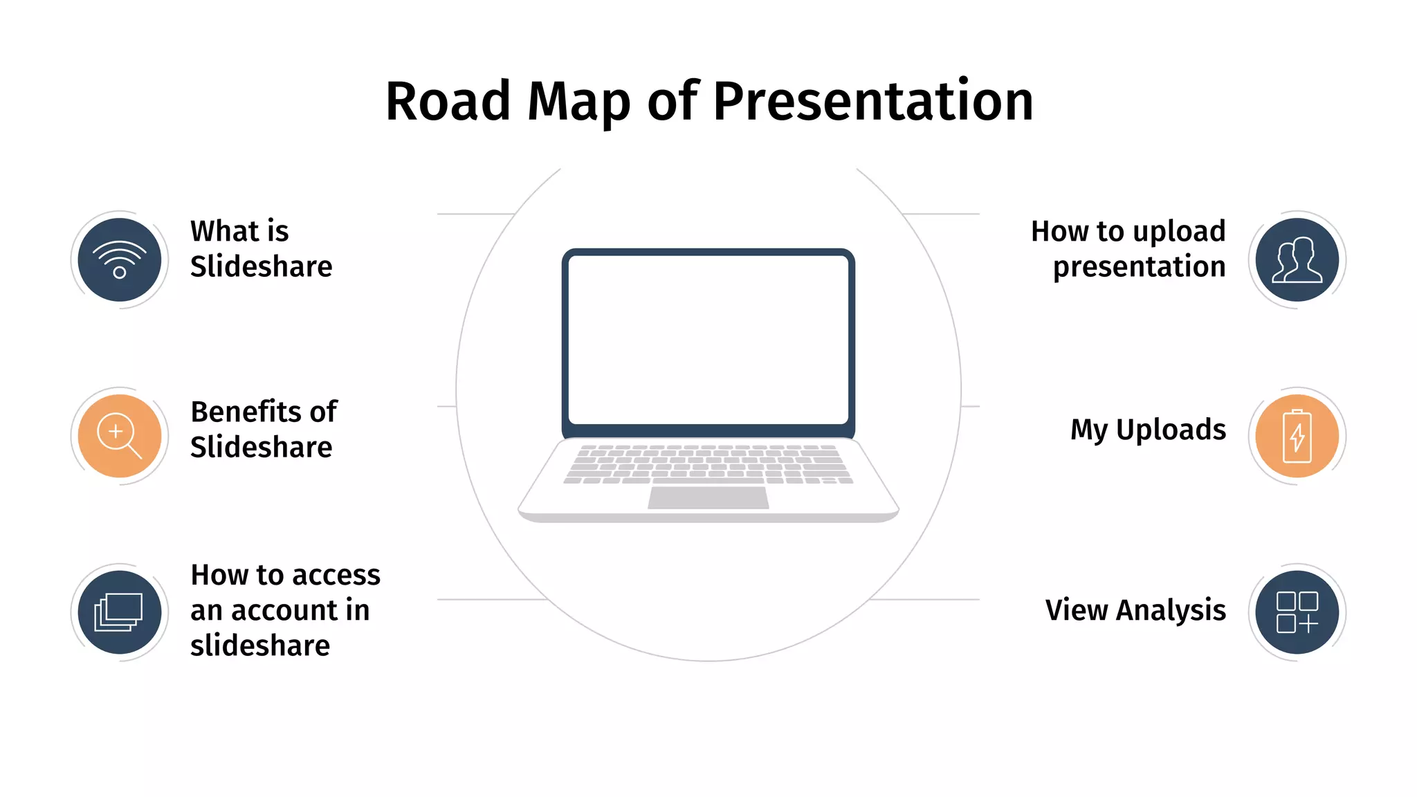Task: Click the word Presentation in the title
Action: (872, 102)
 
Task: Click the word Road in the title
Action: (448, 102)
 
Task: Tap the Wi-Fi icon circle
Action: (120, 259)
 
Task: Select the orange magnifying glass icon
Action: (120, 436)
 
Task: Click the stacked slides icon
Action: (120, 612)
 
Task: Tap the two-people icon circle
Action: (1297, 259)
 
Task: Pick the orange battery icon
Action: (1297, 436)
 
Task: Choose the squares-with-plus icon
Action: (1297, 612)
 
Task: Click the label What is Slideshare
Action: (261, 248)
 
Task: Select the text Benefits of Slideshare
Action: (263, 429)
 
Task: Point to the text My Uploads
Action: (1148, 430)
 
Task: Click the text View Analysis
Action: (1135, 610)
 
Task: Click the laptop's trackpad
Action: (708, 497)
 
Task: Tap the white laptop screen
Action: (708, 339)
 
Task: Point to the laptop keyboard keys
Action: (708, 464)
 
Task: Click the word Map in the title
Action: (578, 102)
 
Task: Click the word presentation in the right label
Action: (1139, 267)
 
